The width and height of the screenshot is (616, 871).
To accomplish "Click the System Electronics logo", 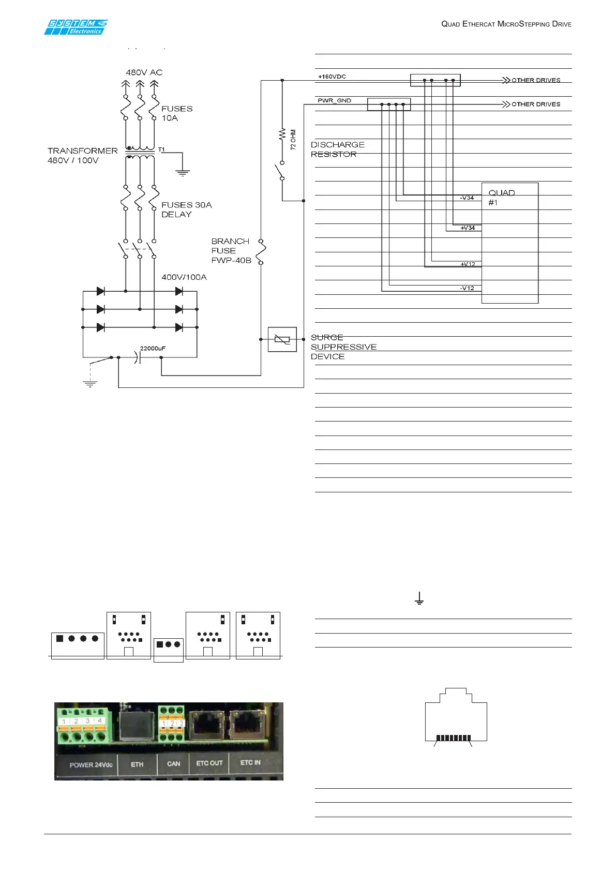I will click(x=76, y=27).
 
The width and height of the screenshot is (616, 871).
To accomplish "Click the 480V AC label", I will click(x=144, y=72).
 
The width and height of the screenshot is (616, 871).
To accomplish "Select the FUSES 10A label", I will click(x=177, y=113).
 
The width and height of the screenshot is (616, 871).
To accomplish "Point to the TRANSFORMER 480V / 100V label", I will click(x=83, y=155).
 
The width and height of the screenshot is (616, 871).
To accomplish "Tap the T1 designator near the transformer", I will click(x=161, y=150).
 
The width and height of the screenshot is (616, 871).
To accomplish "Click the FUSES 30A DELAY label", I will click(x=186, y=209).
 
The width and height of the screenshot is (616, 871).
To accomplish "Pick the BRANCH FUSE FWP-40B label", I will click(x=231, y=251).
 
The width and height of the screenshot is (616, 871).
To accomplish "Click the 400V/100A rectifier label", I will click(x=184, y=277).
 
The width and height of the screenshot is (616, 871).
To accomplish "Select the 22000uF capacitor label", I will click(x=153, y=349).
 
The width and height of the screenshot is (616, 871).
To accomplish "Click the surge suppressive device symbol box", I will click(x=282, y=339).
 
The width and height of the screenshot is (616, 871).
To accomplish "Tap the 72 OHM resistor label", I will click(x=293, y=140).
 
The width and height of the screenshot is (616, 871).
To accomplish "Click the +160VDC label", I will click(x=332, y=77).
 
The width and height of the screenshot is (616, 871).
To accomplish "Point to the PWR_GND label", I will click(x=334, y=100).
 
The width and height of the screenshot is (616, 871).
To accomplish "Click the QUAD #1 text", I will click(x=501, y=198).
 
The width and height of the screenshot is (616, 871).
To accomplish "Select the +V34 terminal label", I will click(x=468, y=228).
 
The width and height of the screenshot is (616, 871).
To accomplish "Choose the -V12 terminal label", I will click(x=467, y=288).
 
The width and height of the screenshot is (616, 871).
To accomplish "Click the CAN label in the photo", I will click(x=174, y=763).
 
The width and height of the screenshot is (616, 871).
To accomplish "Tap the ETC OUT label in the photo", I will click(x=209, y=763).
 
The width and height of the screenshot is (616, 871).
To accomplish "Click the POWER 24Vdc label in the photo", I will click(x=91, y=764).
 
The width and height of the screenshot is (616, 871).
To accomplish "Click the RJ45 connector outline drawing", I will click(x=456, y=716).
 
